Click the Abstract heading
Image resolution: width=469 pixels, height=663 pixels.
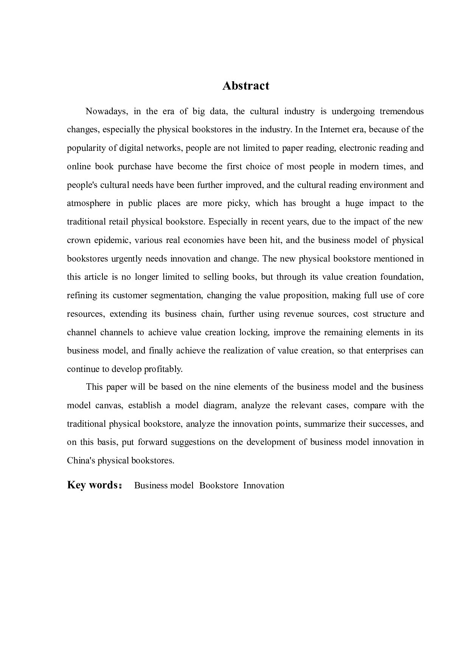(245, 86)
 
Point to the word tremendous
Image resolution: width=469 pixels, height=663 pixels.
(402, 111)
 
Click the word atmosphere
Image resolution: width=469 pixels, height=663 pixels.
(89, 203)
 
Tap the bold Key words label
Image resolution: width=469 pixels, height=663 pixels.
(92, 485)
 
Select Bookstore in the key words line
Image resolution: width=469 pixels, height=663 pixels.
(219, 486)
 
